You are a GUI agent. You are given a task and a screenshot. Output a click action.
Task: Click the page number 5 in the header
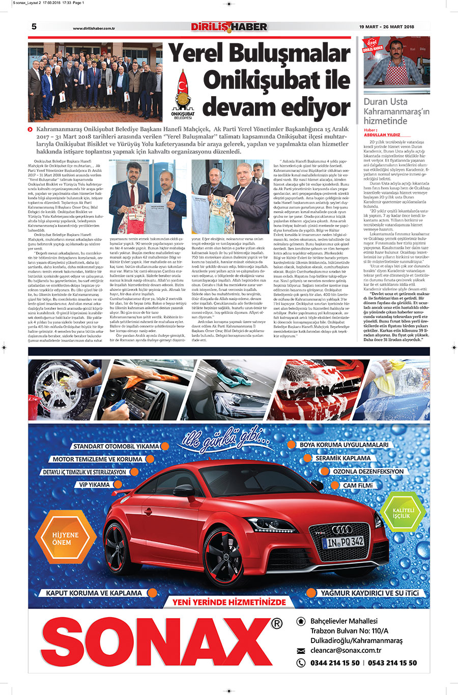coord(34,27)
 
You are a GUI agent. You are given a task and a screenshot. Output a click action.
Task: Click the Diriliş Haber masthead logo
coord(229,26)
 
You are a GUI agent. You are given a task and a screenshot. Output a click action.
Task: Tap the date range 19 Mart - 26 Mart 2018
coord(394,27)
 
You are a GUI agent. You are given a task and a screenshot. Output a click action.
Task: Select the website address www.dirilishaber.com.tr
coord(94,28)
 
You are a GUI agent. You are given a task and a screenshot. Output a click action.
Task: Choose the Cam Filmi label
coord(358,485)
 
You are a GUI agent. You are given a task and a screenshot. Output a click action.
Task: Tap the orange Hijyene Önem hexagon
coord(65,538)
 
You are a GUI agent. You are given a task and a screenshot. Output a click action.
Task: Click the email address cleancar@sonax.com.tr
coord(346,650)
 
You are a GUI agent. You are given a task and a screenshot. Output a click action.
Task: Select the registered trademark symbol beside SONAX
coord(276,624)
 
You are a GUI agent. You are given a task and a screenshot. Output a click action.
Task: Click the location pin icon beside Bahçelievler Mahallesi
coord(300,621)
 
